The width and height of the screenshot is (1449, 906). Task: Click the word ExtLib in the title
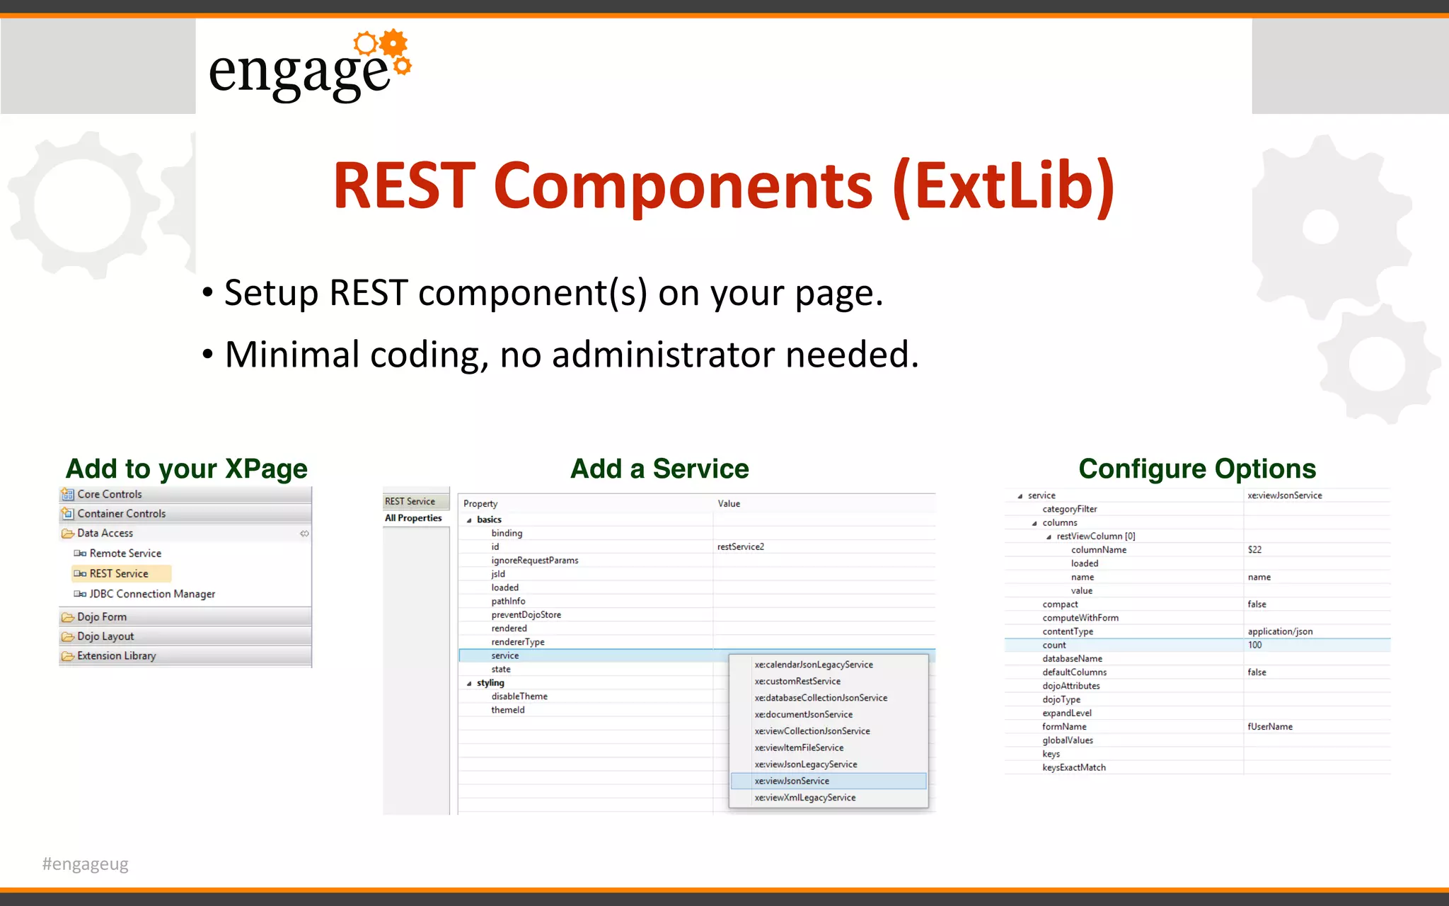[1004, 185]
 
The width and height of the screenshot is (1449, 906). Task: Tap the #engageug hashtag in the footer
[86, 864]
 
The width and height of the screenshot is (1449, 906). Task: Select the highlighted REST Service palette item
[119, 573]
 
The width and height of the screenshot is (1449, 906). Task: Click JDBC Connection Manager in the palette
[152, 594]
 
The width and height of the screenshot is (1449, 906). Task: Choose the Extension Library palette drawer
[117, 656]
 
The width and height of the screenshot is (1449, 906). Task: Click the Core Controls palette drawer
[110, 494]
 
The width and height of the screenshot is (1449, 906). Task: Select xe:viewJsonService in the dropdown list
[792, 781]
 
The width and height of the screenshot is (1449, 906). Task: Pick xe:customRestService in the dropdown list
[797, 681]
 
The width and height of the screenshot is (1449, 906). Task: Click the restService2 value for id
[740, 546]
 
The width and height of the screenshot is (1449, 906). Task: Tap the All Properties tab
[413, 518]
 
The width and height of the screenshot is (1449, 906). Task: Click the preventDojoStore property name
[526, 614]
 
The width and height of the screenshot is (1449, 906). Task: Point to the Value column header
[729, 503]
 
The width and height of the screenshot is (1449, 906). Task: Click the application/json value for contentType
[1279, 631]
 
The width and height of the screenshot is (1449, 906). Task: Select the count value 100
[1254, 645]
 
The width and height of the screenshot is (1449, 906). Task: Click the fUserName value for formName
[1269, 726]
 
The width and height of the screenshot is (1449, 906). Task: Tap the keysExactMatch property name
[1073, 767]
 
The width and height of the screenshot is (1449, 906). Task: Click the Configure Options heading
[1197, 469]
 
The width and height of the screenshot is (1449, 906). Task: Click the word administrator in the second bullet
[663, 355]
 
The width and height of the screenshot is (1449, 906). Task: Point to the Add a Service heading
[659, 469]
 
